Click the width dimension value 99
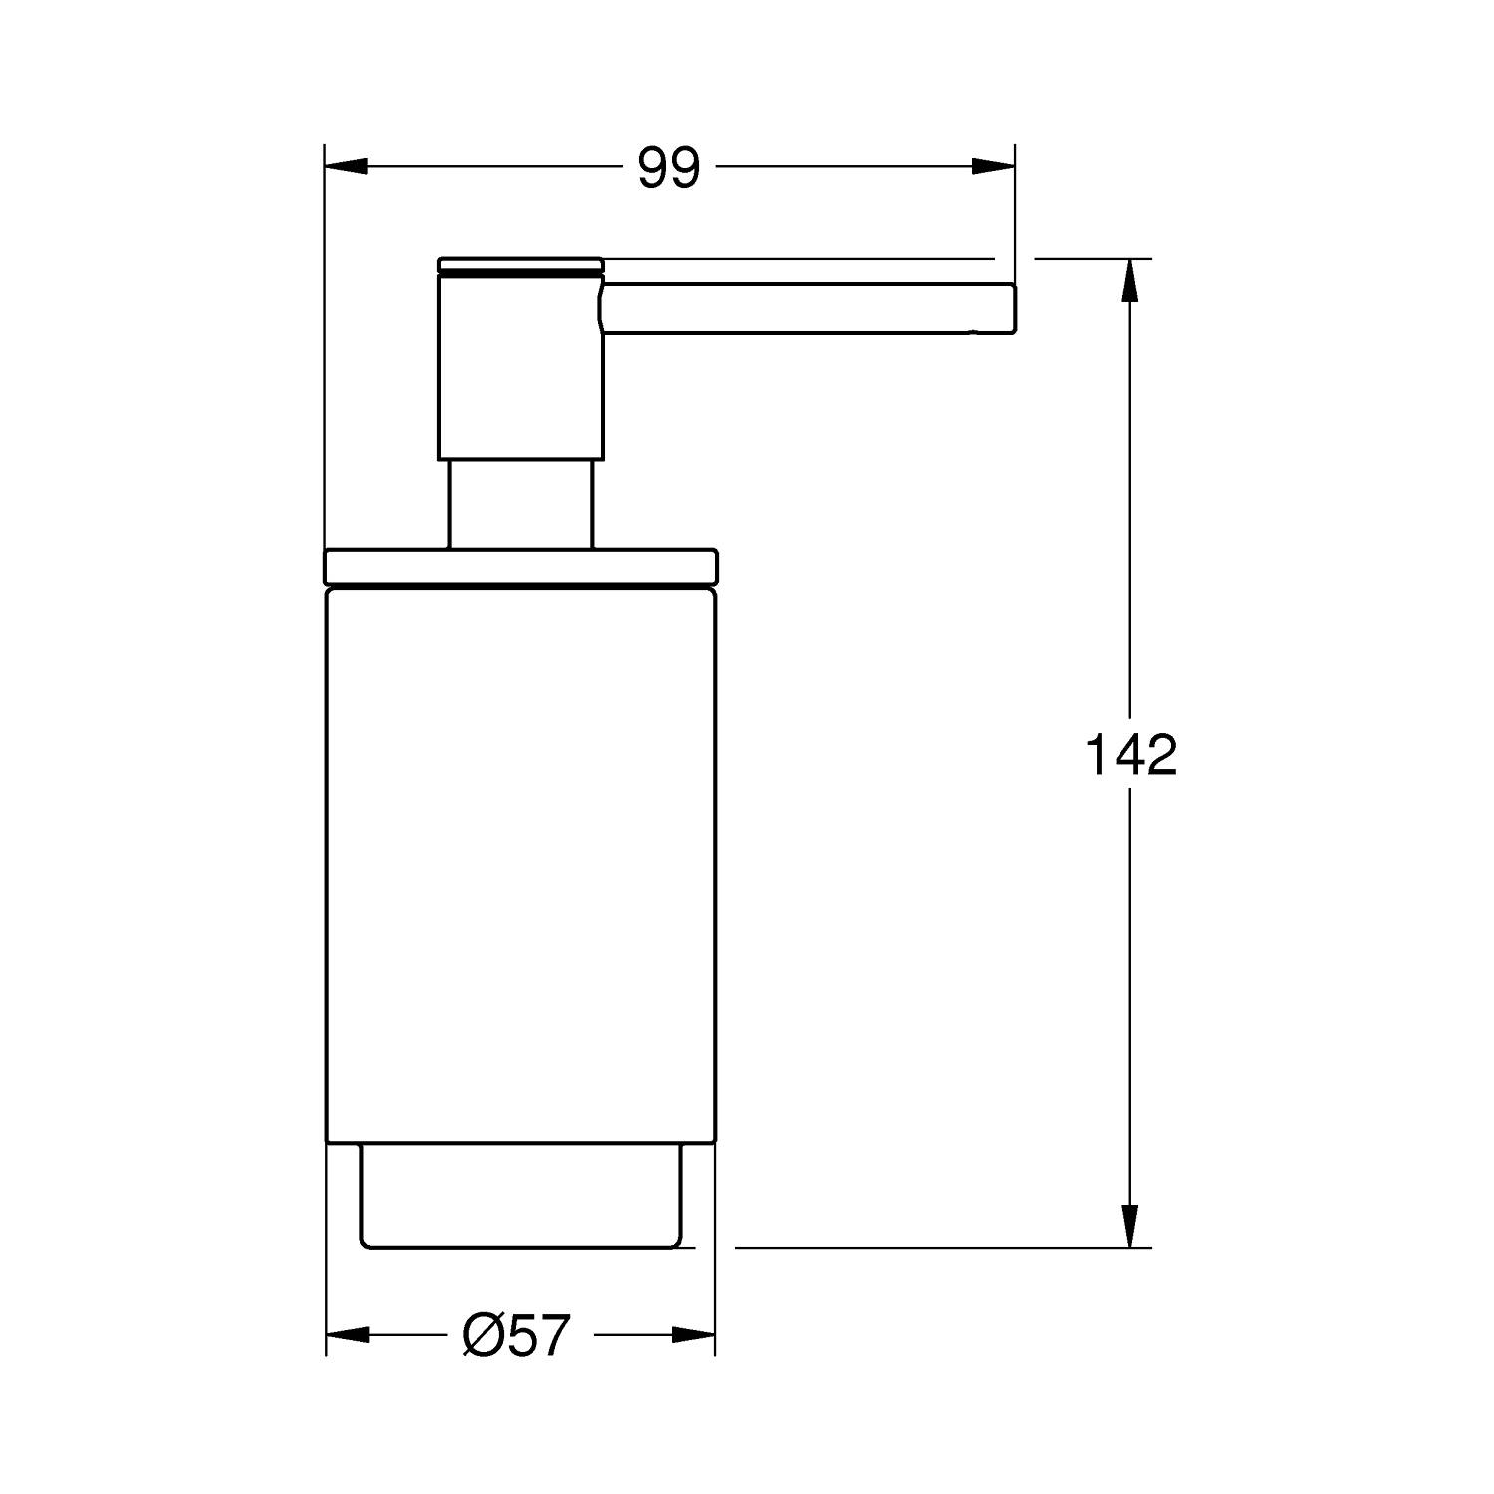pyautogui.click(x=669, y=168)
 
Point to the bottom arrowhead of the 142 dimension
pyautogui.click(x=1129, y=1225)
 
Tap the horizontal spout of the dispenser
pyautogui.click(x=807, y=308)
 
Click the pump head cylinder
pyautogui.click(x=520, y=369)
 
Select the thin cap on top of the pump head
pyautogui.click(x=520, y=263)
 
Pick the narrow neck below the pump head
pyautogui.click(x=520, y=503)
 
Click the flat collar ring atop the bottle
pyautogui.click(x=520, y=566)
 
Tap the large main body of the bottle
pyautogui.click(x=520, y=867)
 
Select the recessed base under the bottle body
pyautogui.click(x=520, y=1195)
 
